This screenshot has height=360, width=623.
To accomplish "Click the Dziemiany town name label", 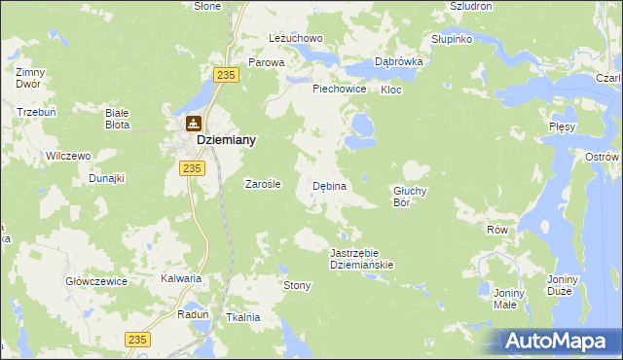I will pos(227,140).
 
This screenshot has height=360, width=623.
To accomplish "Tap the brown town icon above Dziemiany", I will pos(194,125).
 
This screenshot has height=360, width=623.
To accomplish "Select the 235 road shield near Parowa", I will pos(228,75).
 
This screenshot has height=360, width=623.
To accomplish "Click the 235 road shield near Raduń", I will pos(138,338).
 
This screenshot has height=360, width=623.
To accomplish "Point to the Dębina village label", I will pos(329,185).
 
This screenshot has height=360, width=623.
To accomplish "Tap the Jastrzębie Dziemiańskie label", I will pos(361,258).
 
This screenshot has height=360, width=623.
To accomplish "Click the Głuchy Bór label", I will pos(410,197).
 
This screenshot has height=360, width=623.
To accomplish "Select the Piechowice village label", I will pos(339,89).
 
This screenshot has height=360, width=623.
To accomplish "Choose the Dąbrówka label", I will pos(398,60).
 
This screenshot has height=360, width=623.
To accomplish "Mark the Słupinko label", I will pos(452,40).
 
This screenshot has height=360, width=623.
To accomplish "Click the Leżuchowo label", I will pos(295,39).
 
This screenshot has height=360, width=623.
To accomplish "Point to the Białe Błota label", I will pos(118,119).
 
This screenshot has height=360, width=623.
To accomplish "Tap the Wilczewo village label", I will pos(68,156).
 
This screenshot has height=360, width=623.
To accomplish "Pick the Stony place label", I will pos(296,285).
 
